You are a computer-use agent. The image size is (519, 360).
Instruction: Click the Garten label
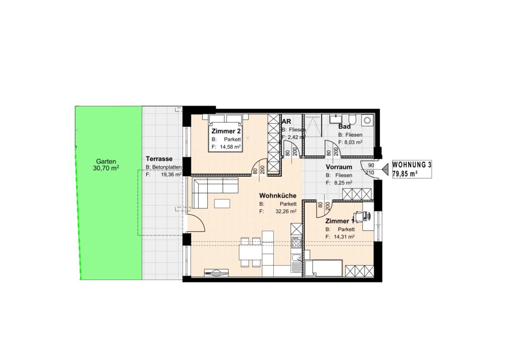[106, 161]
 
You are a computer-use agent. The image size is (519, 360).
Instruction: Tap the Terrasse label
[159, 159]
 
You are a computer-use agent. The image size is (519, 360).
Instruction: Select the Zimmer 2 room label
[226, 131]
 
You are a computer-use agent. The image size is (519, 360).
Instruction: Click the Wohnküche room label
[278, 196]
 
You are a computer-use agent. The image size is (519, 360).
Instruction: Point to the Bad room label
[344, 126]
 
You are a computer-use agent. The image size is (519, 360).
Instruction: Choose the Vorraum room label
[339, 167]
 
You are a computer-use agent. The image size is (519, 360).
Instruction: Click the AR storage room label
[286, 121]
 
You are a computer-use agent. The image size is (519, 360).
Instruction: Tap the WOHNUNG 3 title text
[412, 165]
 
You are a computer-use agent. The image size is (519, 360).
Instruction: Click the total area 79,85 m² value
[405, 174]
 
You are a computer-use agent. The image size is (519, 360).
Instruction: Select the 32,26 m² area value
[286, 211]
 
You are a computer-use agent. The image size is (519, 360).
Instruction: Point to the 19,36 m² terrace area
[171, 174]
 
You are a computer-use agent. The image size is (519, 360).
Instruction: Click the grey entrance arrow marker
[385, 169]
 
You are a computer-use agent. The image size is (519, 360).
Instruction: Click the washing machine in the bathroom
[368, 120]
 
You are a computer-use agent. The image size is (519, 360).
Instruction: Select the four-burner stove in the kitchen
[296, 242]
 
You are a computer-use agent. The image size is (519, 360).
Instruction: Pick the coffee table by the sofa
[222, 204]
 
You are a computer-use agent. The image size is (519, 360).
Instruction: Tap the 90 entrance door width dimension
[371, 165]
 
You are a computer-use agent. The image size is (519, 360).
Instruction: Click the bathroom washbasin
[336, 119]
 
